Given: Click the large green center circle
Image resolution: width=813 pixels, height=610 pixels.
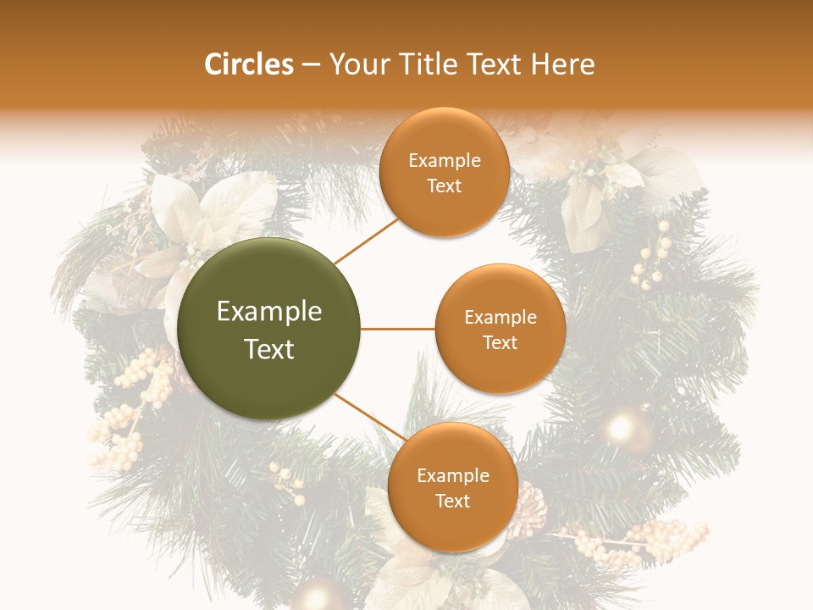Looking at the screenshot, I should [x=269, y=329].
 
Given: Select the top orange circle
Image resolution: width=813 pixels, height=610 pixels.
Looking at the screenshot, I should [x=444, y=173].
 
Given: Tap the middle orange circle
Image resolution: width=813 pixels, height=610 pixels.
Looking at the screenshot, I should [x=500, y=329].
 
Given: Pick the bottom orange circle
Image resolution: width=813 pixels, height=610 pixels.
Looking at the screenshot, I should [x=452, y=487].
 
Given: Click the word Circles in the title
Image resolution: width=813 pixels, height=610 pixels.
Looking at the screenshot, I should [x=249, y=64].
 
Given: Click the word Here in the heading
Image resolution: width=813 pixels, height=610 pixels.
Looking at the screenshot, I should [x=563, y=64].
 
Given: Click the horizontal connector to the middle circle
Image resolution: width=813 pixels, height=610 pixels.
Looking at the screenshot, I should [x=398, y=329].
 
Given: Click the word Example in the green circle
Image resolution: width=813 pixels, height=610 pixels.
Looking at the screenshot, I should [x=269, y=312].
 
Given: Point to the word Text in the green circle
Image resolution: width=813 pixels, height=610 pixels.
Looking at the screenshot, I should [x=269, y=349].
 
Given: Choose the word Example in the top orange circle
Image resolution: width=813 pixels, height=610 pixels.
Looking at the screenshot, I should [x=445, y=160].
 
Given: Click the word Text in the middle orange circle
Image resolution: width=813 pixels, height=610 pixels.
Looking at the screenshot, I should [x=500, y=342].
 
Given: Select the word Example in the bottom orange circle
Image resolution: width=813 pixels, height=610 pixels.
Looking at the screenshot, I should [x=453, y=475].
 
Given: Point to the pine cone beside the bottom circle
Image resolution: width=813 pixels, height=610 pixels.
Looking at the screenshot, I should [x=527, y=507].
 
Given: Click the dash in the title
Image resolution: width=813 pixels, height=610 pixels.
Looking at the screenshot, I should [x=311, y=64].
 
